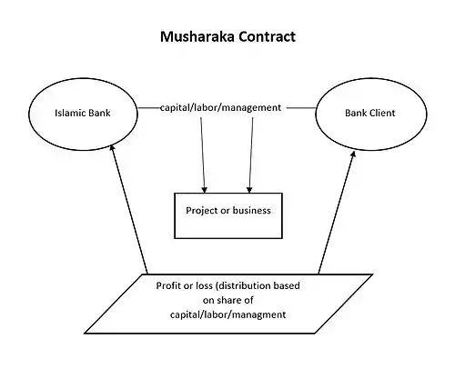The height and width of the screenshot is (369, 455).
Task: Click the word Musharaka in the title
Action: tap(197, 36)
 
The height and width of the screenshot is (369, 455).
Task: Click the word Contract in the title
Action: tap(267, 36)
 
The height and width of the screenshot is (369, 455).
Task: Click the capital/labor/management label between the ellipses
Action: tap(220, 107)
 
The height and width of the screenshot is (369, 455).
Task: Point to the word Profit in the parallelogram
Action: tap(167, 285)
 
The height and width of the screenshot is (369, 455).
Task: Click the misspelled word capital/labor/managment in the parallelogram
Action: tap(227, 314)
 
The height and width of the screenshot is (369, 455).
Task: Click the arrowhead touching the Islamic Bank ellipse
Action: tap(112, 147)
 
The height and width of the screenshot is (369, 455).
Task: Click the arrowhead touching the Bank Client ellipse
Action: tap(353, 155)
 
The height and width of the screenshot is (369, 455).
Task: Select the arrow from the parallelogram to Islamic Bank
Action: tap(129, 209)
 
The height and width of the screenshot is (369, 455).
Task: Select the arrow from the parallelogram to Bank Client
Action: tap(337, 213)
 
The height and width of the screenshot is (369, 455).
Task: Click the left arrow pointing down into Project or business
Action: tap(203, 155)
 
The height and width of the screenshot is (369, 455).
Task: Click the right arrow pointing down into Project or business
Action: tap(251, 155)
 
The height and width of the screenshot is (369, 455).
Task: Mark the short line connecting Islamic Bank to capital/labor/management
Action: tap(149, 107)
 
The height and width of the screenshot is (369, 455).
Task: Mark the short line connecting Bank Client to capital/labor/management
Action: tap(301, 107)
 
